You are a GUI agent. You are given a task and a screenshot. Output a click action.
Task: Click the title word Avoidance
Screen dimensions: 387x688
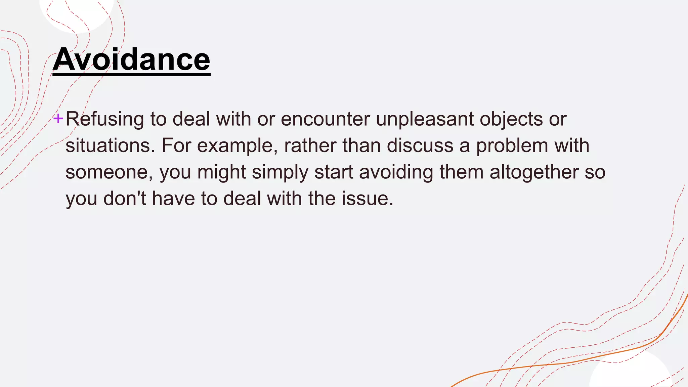click(131, 59)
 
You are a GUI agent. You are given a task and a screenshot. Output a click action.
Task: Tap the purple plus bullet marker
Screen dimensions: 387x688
click(58, 118)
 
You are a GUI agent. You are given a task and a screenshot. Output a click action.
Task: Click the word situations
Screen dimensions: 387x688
click(110, 145)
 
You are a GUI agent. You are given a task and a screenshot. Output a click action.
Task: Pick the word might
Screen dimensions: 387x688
click(222, 172)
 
